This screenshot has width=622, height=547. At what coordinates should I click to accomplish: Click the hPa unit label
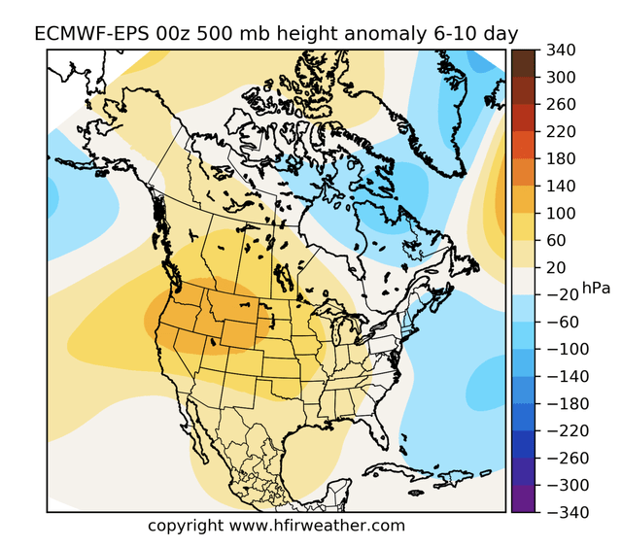[595, 287]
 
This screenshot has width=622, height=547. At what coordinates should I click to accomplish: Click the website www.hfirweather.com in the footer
[317, 526]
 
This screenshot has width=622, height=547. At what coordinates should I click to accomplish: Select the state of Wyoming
[242, 331]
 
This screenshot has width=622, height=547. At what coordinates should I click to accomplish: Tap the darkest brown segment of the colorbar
[522, 55]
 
